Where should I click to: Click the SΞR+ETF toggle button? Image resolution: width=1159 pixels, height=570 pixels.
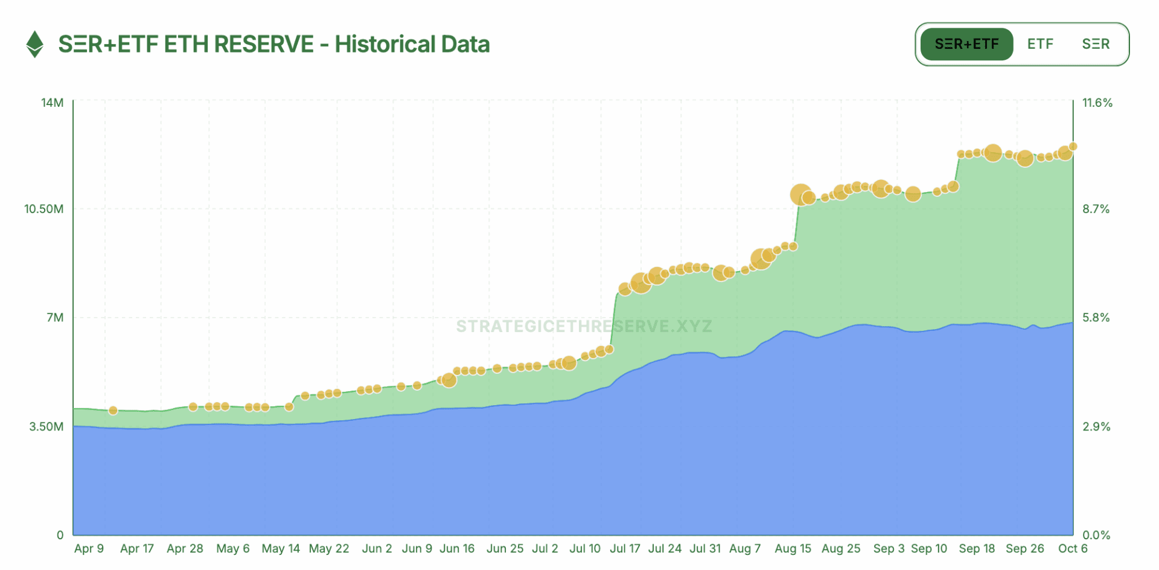966,44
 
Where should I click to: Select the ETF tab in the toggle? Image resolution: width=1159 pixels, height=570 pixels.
1040,44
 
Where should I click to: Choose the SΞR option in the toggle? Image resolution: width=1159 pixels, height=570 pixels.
1096,44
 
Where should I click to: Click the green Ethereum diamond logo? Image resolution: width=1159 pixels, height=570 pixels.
35,44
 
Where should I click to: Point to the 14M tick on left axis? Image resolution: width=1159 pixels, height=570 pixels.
52,103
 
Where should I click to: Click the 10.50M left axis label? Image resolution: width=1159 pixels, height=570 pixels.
43,209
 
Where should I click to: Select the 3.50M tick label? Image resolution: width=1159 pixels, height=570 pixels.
46,426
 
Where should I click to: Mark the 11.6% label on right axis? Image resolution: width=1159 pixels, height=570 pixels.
1097,103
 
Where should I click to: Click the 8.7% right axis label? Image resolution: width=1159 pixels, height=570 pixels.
1096,209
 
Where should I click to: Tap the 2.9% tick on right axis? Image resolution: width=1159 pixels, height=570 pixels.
1096,426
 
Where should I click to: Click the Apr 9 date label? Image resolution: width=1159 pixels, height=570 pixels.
89,548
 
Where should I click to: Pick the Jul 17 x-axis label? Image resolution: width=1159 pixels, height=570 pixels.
625,548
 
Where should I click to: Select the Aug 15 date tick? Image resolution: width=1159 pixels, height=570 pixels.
793,548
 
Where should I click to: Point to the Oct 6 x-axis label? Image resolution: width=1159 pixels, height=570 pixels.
1073,548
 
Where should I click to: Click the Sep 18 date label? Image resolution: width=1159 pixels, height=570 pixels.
977,548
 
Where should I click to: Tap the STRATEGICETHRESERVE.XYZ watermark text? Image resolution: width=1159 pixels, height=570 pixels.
584,327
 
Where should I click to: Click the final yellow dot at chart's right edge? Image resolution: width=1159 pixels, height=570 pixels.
1073,146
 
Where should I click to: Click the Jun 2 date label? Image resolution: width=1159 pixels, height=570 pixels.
377,548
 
